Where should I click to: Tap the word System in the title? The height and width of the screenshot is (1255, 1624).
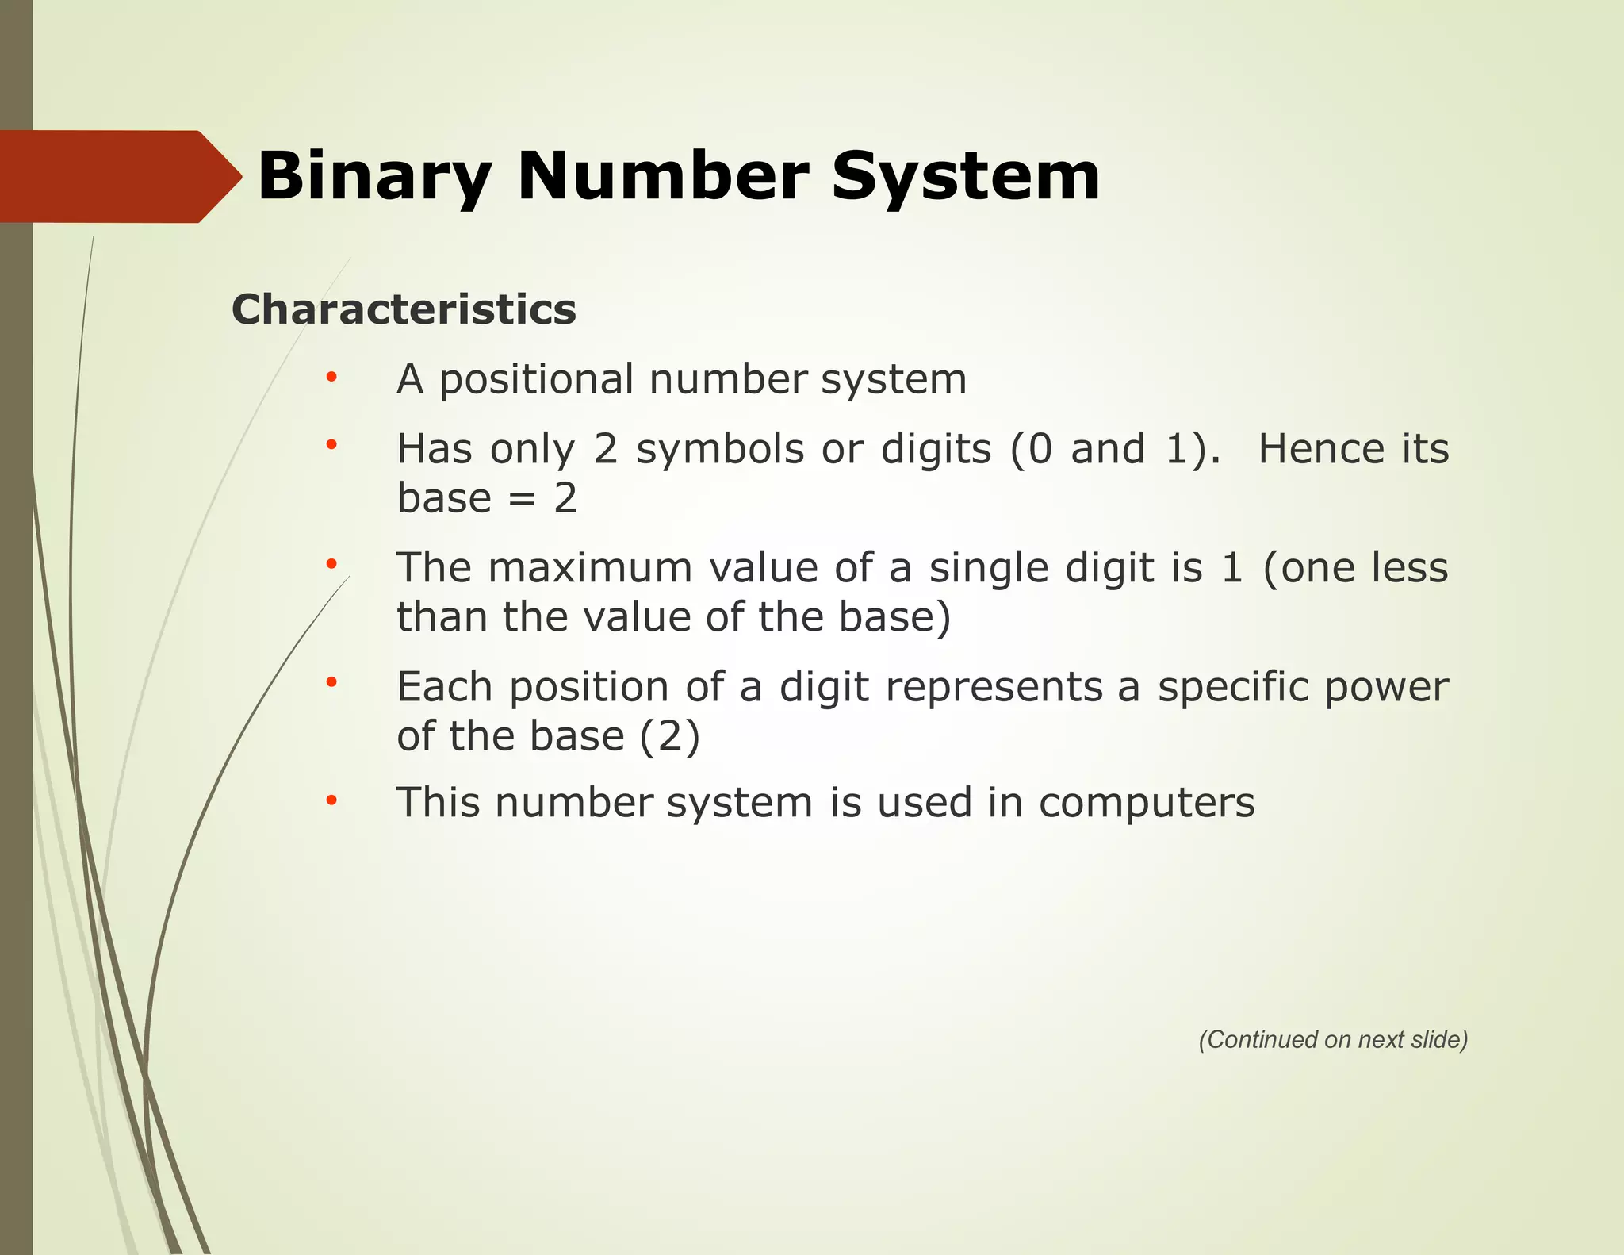(x=965, y=178)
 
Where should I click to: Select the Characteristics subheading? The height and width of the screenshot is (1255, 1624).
(x=404, y=309)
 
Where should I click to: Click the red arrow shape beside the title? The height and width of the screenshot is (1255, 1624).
(x=119, y=176)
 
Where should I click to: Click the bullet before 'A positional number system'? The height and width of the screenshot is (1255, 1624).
(x=331, y=377)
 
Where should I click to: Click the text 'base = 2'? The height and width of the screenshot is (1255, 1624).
(x=487, y=499)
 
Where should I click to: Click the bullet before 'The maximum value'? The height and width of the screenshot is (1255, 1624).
(x=331, y=564)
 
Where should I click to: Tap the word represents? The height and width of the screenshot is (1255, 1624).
(x=994, y=688)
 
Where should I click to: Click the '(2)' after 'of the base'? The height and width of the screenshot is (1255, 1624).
(x=670, y=737)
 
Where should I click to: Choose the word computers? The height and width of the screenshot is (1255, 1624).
(x=1147, y=804)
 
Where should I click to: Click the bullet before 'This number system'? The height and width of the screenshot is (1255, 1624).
(x=331, y=800)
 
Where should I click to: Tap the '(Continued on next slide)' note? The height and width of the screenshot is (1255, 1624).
(x=1333, y=1040)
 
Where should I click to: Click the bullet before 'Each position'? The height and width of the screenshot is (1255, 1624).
(x=331, y=683)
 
